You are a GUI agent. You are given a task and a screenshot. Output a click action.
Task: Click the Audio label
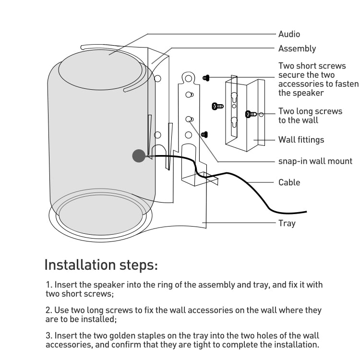(289, 34)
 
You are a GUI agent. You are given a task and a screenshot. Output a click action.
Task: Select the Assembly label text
(297, 48)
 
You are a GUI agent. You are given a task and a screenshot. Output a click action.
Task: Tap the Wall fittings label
(301, 140)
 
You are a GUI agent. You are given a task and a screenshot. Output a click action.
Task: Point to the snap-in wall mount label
(315, 161)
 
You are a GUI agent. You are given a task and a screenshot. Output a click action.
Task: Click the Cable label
(289, 182)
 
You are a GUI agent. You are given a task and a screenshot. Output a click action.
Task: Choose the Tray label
(287, 223)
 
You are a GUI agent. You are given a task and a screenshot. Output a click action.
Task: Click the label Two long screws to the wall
(310, 116)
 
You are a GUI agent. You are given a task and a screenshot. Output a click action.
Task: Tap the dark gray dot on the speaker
(139, 156)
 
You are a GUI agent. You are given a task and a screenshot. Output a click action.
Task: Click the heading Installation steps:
(101, 264)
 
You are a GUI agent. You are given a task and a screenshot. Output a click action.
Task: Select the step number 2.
(48, 311)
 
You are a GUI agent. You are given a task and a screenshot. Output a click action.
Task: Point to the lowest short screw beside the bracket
(204, 135)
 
